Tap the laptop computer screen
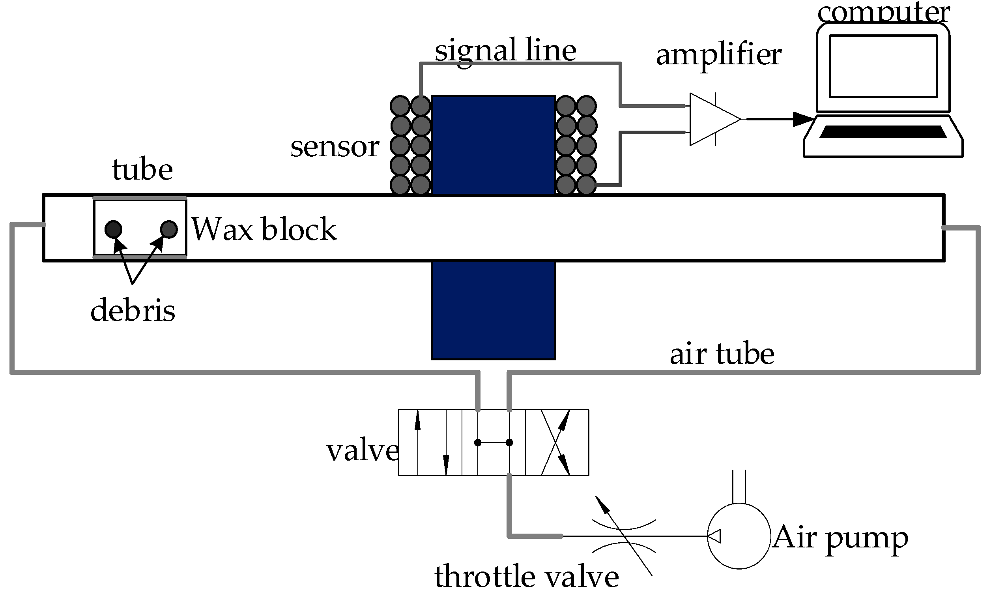tap(883, 66)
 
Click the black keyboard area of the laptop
tap(883, 132)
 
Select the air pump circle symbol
tap(739, 536)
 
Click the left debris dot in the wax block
tap(113, 229)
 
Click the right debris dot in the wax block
tap(168, 229)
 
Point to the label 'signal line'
tap(505, 51)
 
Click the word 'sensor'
tap(335, 147)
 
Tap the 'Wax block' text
tap(264, 229)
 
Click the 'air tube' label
tap(722, 354)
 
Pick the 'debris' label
tap(133, 311)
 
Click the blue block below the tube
tap(493, 310)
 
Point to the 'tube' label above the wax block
tap(142, 170)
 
